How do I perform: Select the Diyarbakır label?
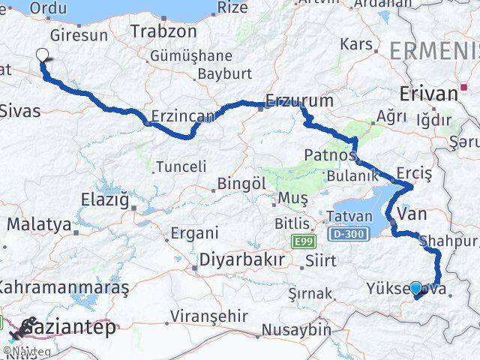(x=241, y=259)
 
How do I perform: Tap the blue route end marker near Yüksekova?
(x=416, y=287)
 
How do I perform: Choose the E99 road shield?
(x=301, y=240)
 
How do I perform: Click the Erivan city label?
(x=428, y=94)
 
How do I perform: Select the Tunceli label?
(x=180, y=166)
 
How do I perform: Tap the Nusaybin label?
(x=296, y=329)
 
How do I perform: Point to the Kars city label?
(x=356, y=44)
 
